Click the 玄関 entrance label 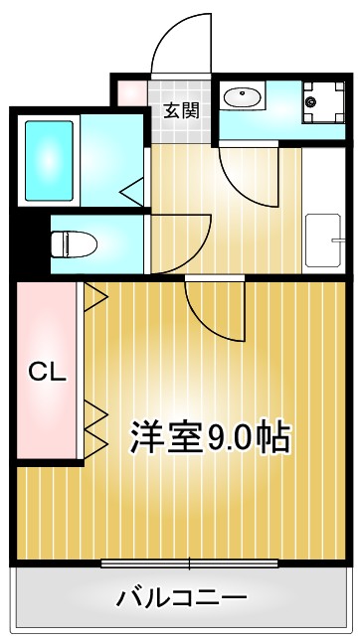point(181,109)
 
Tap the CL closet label point(46,373)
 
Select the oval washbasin point(242,97)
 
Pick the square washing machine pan point(321,100)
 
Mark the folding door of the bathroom point(131,187)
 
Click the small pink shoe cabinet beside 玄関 point(131,93)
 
